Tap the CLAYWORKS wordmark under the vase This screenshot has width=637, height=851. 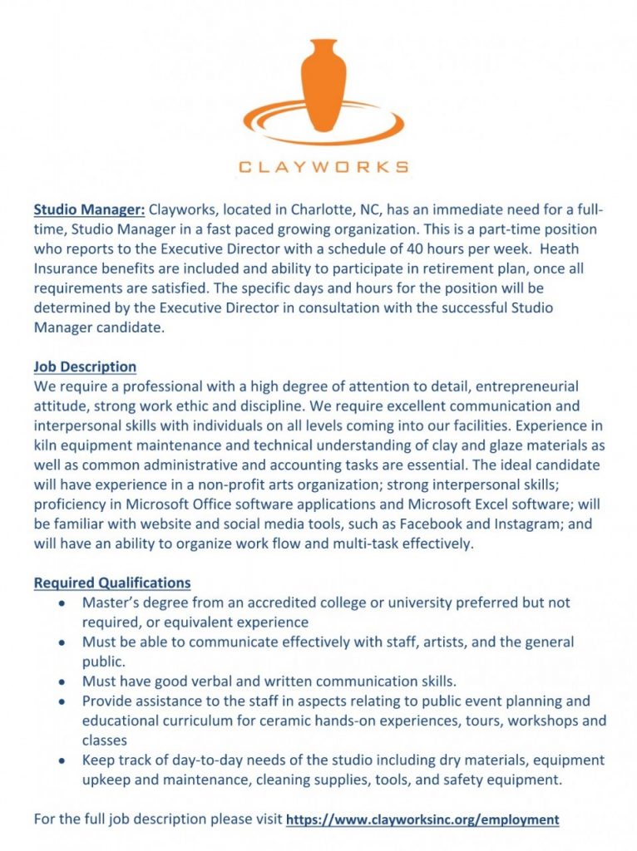[323, 166]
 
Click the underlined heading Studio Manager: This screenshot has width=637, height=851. [90, 209]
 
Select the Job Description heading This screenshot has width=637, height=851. [85, 366]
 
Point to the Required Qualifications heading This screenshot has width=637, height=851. [112, 583]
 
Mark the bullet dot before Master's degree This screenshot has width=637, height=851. [63, 603]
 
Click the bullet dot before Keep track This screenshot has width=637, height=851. [63, 760]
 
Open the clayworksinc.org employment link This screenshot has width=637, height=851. [422, 819]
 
